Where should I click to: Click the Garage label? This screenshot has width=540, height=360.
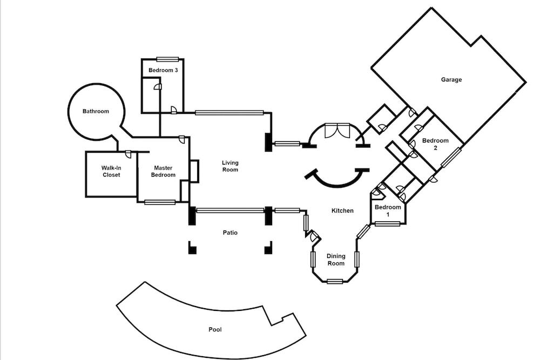(x=451, y=80)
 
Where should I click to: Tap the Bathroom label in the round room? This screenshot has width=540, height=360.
(x=96, y=112)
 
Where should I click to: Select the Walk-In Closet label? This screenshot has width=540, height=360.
(x=111, y=171)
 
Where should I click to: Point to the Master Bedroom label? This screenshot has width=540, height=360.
(x=163, y=171)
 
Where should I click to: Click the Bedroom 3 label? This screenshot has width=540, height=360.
(x=163, y=71)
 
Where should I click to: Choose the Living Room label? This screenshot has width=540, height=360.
(x=230, y=166)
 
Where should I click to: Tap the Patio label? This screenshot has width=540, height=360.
(x=230, y=233)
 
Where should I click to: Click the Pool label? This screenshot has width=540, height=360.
(x=215, y=329)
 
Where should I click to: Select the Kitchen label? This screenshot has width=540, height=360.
(x=342, y=210)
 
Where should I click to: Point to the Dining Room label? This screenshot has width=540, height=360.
(x=336, y=260)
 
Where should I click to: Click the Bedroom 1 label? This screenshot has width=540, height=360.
(x=388, y=210)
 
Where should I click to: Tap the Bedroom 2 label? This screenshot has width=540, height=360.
(x=435, y=144)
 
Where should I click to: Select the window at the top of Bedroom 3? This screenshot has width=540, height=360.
(x=167, y=59)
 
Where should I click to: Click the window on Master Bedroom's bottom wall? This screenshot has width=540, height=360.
(x=160, y=202)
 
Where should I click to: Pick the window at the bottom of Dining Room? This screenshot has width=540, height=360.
(x=335, y=281)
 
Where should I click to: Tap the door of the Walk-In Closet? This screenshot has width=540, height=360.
(x=129, y=154)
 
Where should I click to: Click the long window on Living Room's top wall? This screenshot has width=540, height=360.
(x=229, y=113)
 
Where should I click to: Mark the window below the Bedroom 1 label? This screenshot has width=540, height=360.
(x=387, y=223)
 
